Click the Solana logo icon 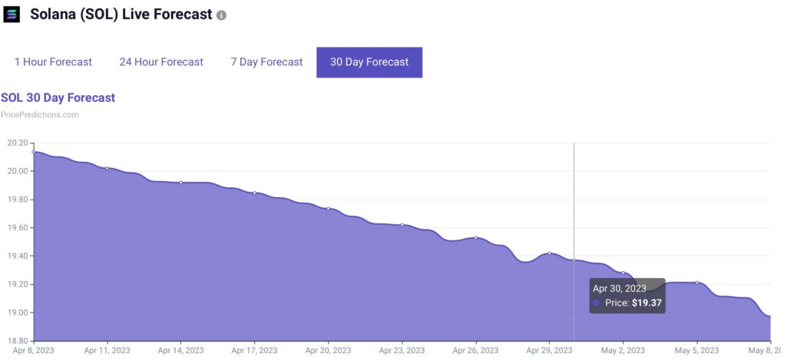click(x=12, y=15)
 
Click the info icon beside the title click(x=221, y=15)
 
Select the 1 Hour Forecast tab click(x=53, y=62)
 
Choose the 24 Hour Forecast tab click(x=161, y=62)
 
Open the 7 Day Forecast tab click(x=266, y=62)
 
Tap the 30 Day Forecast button click(x=369, y=62)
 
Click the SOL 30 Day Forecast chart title click(x=58, y=97)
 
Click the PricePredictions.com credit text click(x=39, y=115)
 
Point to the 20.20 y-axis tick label click(x=17, y=143)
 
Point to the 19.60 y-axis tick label click(x=17, y=228)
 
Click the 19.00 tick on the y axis click(x=17, y=312)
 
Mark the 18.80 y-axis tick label click(x=17, y=341)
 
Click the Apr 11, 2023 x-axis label click(x=107, y=350)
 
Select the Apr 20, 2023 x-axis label click(x=329, y=350)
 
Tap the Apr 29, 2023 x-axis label click(x=550, y=350)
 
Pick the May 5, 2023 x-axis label click(x=697, y=350)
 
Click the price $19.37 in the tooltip click(x=647, y=303)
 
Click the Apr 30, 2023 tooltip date click(x=618, y=289)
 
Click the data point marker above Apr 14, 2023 click(x=181, y=183)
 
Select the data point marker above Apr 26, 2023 click(x=476, y=238)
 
